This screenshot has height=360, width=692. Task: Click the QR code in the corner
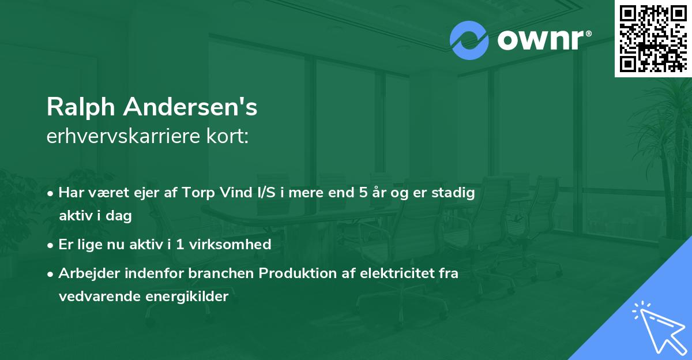point(653,39)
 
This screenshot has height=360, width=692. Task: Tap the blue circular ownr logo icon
point(469,40)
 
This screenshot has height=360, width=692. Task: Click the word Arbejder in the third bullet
point(86,273)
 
